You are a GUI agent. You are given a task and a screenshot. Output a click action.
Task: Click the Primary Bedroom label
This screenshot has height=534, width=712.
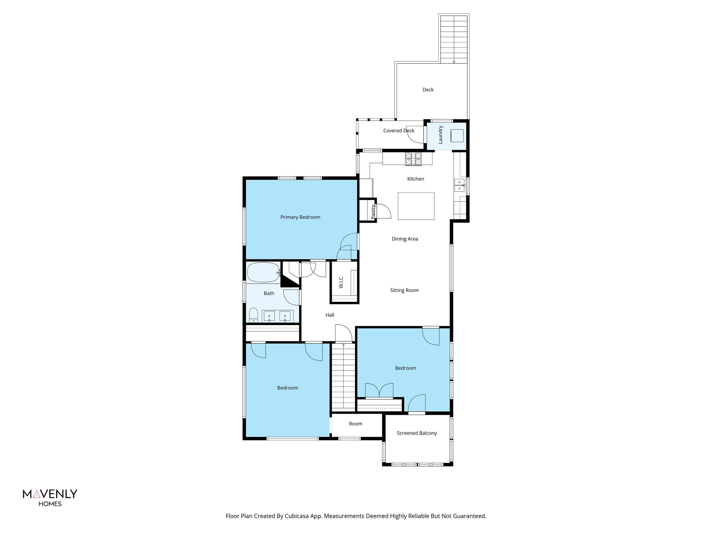tap(300, 217)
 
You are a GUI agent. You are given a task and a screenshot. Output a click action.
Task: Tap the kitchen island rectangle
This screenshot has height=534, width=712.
tap(416, 206)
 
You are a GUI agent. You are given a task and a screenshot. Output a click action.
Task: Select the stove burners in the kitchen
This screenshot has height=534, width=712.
tap(413, 159)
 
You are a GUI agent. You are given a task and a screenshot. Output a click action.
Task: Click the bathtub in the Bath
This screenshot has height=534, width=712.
tap(263, 272)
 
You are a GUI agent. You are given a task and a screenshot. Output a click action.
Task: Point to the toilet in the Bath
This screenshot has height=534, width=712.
tap(253, 315)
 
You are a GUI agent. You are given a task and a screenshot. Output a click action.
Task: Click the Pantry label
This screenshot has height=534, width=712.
tap(373, 211)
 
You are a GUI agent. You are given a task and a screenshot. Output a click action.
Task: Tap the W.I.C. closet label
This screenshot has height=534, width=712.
tap(341, 282)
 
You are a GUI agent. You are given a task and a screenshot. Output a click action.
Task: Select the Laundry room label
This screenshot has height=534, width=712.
tap(440, 135)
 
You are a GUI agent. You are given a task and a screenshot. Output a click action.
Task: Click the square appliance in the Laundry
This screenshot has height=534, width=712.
tap(457, 136)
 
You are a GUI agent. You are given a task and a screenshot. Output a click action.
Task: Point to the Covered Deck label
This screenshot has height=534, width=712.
tap(399, 131)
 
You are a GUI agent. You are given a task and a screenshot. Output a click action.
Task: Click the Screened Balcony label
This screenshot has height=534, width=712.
tap(417, 433)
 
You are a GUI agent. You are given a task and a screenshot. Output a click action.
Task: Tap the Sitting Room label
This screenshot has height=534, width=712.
tap(404, 290)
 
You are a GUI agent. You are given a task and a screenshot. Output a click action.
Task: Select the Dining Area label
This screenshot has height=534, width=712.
tap(405, 239)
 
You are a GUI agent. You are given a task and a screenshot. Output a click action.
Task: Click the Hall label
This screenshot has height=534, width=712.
tap(330, 315)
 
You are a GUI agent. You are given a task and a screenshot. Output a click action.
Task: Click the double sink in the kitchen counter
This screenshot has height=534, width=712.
tap(460, 185)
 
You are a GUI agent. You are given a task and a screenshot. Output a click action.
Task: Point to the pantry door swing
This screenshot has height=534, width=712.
tap(384, 211)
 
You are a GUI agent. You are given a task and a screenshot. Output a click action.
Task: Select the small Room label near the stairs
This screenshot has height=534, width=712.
tap(356, 424)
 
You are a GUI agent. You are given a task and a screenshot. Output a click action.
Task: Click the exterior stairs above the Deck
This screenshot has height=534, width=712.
tap(454, 39)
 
